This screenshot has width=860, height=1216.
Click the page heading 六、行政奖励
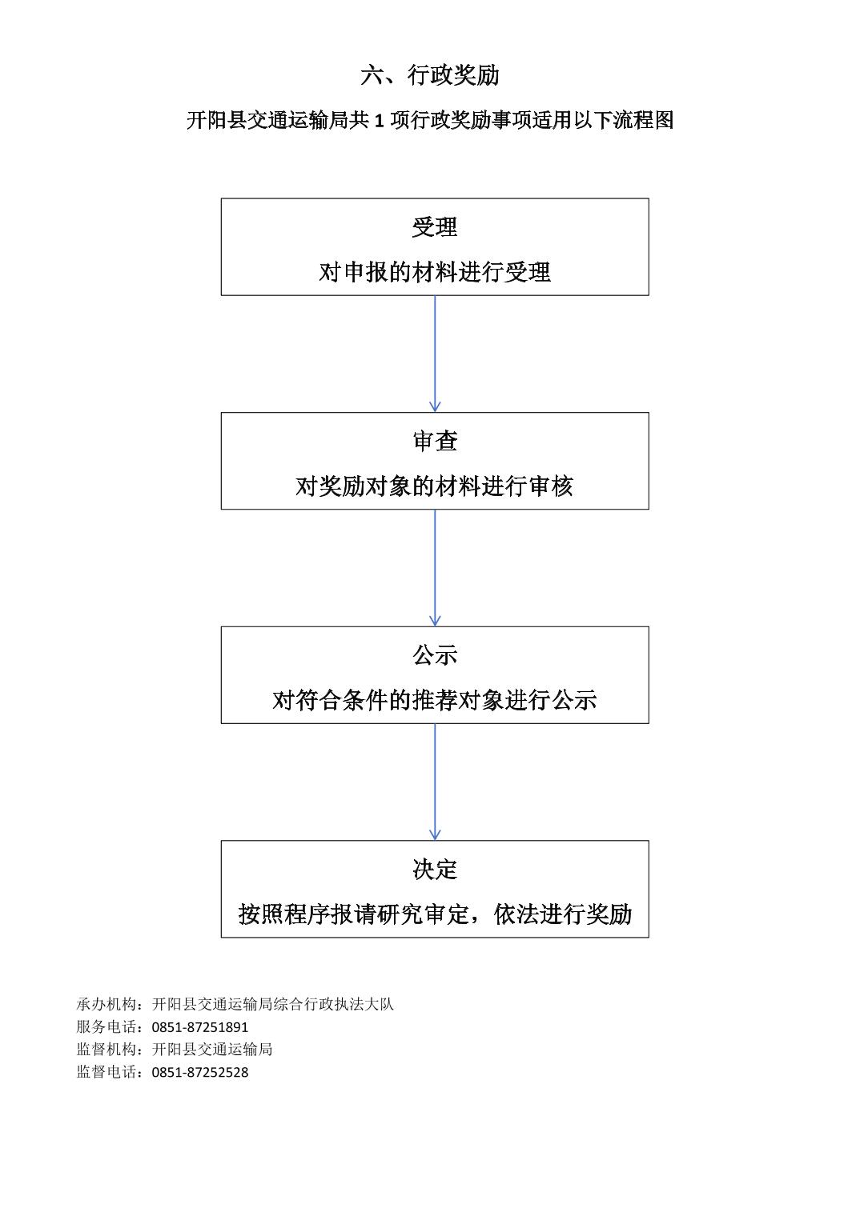click(x=429, y=75)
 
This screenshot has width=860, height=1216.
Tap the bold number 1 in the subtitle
click(x=380, y=120)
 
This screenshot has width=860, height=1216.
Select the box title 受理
click(x=435, y=227)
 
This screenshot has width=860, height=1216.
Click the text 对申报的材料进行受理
click(x=435, y=272)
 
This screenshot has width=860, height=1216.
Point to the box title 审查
click(x=435, y=441)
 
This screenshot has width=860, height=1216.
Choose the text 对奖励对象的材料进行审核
click(x=435, y=486)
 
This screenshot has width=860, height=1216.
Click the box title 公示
click(x=435, y=655)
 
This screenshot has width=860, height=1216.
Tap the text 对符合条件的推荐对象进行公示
click(x=435, y=700)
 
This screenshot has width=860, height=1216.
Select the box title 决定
click(x=435, y=869)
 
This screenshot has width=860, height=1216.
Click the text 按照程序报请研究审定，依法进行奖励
click(x=435, y=914)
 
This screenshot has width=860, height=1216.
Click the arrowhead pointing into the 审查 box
click(x=435, y=407)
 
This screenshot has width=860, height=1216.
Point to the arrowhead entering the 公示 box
click(x=435, y=621)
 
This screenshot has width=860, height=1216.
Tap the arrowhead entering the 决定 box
click(x=435, y=835)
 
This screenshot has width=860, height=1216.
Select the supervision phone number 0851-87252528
click(x=200, y=1073)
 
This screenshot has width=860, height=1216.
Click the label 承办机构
click(x=106, y=1005)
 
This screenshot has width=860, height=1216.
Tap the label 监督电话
click(x=106, y=1073)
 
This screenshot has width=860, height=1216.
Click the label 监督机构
click(x=106, y=1050)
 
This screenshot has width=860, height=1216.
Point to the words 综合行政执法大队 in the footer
click(x=334, y=1005)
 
